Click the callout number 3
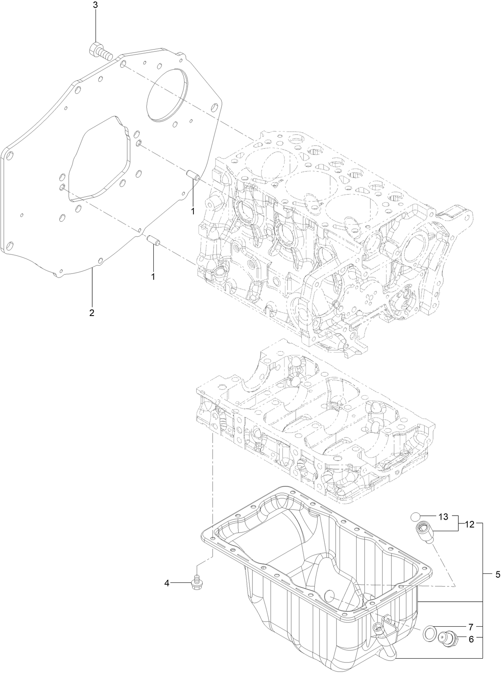96,5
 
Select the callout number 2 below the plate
92,313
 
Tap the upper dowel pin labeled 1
192,175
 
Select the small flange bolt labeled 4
197,584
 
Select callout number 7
471,627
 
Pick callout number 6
471,639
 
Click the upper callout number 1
192,211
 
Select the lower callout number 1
153,277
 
